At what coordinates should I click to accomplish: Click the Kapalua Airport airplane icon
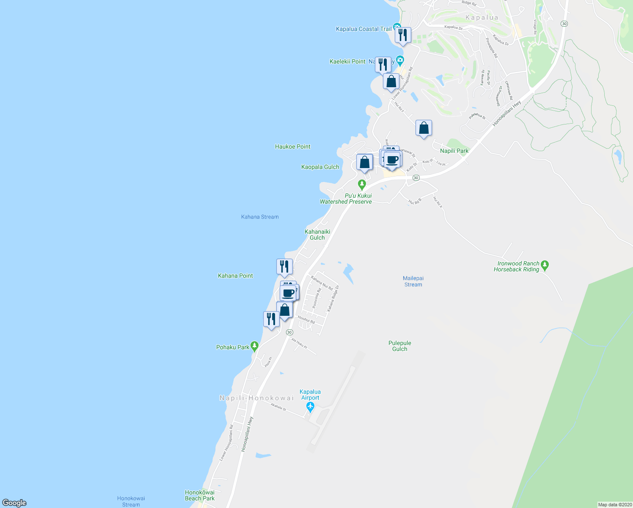point(311,407)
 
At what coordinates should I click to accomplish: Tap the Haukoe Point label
point(292,146)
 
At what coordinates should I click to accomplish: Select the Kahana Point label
point(235,276)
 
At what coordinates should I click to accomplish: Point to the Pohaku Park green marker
point(254,347)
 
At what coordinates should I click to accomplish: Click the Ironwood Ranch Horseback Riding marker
point(545,265)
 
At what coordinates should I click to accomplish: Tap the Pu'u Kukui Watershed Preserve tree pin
point(362,185)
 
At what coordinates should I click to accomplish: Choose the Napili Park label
point(454,151)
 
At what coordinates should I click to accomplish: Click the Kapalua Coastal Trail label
point(363,29)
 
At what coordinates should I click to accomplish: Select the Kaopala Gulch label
point(320,167)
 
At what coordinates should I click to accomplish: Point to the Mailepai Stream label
point(413,282)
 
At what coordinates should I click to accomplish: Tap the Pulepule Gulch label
point(399,346)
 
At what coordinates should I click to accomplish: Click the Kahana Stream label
point(260,217)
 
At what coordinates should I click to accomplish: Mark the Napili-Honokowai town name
point(256,398)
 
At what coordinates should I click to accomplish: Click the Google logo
point(14,503)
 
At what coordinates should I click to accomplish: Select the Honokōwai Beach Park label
point(200,495)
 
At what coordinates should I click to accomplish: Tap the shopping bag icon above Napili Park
point(424,128)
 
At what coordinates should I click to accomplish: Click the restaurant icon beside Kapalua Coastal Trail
point(403,36)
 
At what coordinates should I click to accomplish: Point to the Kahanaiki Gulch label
point(317,235)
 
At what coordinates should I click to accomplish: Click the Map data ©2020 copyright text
point(615,505)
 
